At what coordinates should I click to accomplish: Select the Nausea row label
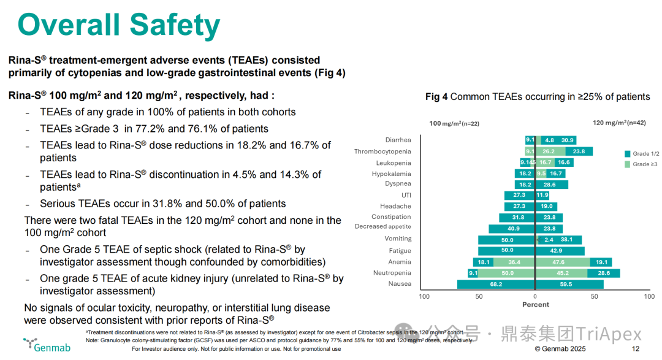(x=400, y=284)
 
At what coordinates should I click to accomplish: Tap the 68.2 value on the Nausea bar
(x=496, y=285)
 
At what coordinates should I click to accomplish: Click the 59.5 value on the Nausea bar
(x=566, y=285)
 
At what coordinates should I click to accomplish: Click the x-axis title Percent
(x=535, y=305)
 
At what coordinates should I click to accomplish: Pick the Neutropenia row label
(x=392, y=273)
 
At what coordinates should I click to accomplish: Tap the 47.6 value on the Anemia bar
(x=558, y=262)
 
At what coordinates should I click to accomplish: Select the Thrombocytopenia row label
(x=382, y=151)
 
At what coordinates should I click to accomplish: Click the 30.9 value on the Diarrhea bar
(x=568, y=140)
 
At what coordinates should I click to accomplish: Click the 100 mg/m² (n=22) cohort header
(x=454, y=123)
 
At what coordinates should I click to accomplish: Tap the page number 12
(x=636, y=349)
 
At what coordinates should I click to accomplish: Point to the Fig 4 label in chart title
(x=436, y=97)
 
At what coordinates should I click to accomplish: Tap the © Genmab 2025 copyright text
(x=560, y=349)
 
